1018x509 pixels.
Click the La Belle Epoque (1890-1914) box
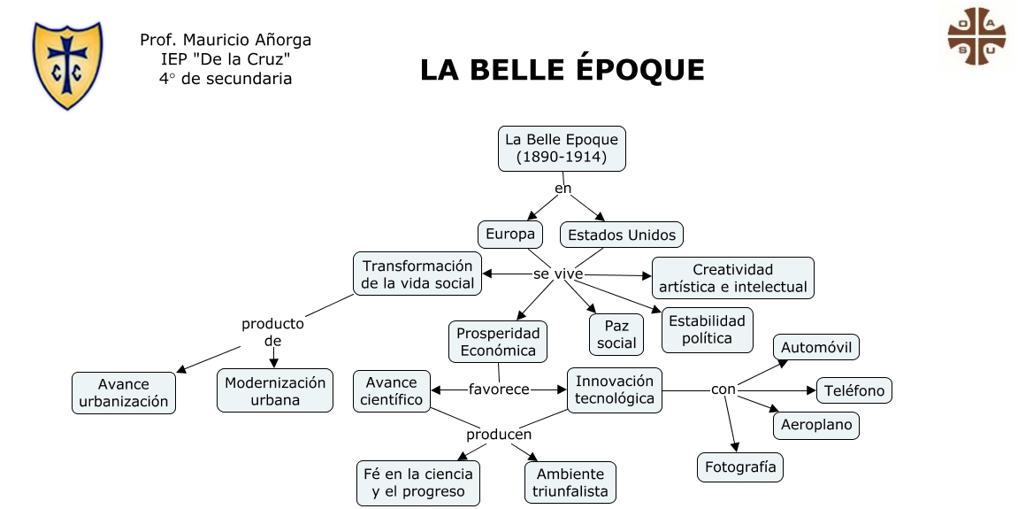562,149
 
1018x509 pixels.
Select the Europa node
510,235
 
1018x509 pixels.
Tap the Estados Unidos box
622,235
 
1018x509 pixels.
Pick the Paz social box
616,334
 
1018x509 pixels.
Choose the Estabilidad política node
707,329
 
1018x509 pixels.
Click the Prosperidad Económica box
498,342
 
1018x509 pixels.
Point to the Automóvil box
816,348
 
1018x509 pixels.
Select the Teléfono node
853,390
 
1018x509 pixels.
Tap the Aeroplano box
816,425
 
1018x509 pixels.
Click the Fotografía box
740,467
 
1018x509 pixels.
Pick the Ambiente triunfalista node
570,482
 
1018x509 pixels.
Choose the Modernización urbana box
275,391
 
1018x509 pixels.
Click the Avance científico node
392,391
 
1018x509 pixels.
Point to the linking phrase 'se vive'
558,274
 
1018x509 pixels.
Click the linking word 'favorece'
499,389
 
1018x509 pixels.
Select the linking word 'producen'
499,435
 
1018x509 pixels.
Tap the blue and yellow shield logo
67,64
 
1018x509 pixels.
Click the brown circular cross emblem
976,37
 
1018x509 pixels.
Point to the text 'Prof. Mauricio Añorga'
226,41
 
